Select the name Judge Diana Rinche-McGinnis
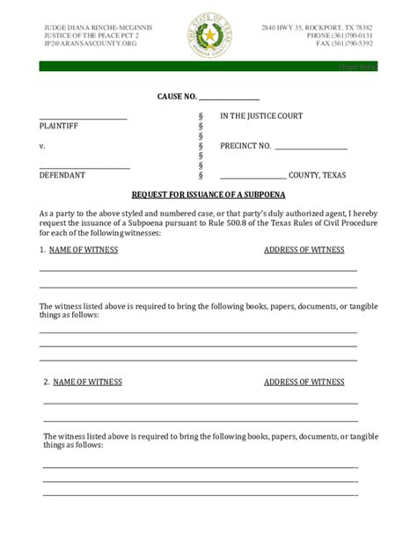pyautogui.click(x=98, y=27)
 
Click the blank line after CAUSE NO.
pyautogui.click(x=229, y=99)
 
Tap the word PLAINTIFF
pyautogui.click(x=59, y=127)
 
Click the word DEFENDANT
pyautogui.click(x=62, y=175)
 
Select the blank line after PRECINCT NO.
pyautogui.click(x=311, y=149)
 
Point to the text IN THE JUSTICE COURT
pyautogui.click(x=261, y=116)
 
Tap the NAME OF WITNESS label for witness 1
pyautogui.click(x=83, y=250)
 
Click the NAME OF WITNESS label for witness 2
pyautogui.click(x=87, y=382)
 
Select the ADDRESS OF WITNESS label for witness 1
pyautogui.click(x=304, y=250)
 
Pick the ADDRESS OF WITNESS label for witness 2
pyautogui.click(x=304, y=382)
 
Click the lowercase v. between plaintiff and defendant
pyautogui.click(x=42, y=146)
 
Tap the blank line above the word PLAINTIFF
pyautogui.click(x=83, y=118)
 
